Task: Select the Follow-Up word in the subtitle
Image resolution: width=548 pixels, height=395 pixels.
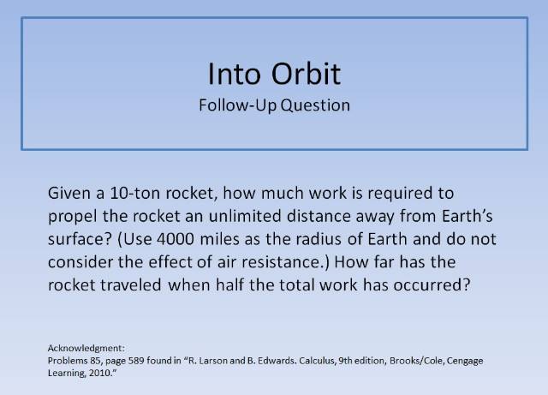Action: [x=245, y=106]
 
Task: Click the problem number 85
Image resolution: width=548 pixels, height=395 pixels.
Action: [x=118, y=362]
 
